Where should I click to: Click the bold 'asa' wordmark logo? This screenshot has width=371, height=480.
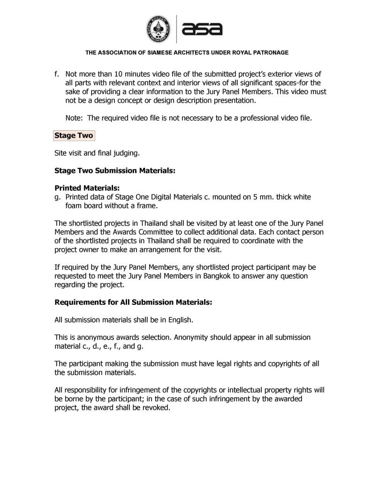[x=202, y=29]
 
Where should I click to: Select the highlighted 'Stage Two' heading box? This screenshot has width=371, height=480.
[x=74, y=135]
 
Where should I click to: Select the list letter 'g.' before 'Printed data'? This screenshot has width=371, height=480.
[x=58, y=197]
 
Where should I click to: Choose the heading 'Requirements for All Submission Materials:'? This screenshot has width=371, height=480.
[x=133, y=302]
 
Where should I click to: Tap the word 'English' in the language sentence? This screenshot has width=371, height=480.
[x=179, y=320]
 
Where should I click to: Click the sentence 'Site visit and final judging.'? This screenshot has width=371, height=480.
[x=97, y=153]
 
